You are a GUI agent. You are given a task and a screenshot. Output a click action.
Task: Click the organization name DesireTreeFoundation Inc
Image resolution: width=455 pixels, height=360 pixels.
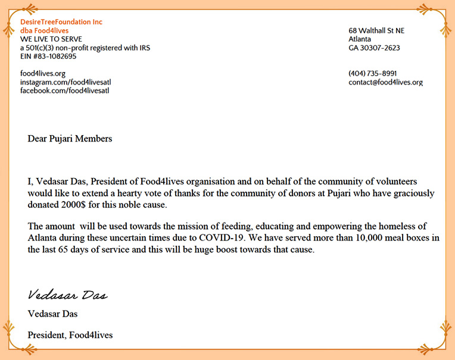[x=61, y=22]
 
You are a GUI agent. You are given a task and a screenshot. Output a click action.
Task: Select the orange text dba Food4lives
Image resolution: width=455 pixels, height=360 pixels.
[x=44, y=30]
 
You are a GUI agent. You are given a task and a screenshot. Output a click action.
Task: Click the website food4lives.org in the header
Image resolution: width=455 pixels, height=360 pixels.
[x=43, y=73]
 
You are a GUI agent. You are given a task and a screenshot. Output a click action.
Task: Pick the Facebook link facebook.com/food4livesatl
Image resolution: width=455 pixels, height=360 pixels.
[x=64, y=90]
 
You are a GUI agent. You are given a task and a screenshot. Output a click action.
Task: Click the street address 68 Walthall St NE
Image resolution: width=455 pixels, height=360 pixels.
[x=376, y=31]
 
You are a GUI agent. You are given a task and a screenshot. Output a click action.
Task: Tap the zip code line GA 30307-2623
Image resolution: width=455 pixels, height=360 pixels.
[x=374, y=48]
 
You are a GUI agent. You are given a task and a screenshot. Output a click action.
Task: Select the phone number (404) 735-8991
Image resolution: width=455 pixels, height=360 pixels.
[x=373, y=73]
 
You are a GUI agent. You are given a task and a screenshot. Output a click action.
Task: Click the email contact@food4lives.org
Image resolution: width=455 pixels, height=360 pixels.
[x=385, y=82]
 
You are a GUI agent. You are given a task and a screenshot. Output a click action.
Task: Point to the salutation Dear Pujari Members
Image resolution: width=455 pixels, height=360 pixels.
[x=70, y=139]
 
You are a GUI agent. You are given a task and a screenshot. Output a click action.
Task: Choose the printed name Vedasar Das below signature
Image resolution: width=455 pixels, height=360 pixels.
[x=52, y=314]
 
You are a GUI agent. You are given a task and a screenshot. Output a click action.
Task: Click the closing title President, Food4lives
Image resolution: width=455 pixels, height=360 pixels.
[x=70, y=335]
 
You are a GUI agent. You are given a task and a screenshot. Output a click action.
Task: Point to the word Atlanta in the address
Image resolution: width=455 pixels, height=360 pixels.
[x=360, y=39]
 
